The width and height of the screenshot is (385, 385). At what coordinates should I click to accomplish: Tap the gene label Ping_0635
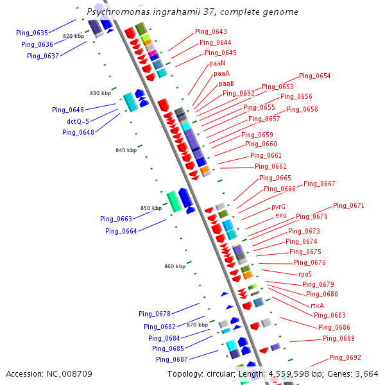[32, 33]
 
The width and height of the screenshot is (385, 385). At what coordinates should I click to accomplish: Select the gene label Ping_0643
[211, 32]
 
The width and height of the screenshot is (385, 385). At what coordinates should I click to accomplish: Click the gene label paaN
[217, 63]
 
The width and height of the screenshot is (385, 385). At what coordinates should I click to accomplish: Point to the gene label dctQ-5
[78, 121]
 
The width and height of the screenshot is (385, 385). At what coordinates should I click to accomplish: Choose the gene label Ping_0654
[314, 76]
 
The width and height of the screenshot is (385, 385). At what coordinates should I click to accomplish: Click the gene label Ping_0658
[302, 109]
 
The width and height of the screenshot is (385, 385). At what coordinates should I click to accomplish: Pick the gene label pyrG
[278, 207]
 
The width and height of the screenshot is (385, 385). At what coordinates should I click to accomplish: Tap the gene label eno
[281, 215]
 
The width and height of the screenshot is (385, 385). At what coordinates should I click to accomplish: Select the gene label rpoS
[305, 274]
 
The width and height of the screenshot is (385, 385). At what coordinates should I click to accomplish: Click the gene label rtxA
[317, 305]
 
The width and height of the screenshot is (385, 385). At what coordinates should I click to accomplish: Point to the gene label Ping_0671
[348, 206]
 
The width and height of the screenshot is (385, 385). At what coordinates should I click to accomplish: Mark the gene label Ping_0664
[121, 231]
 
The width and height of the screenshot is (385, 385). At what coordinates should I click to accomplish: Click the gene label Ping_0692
[345, 358]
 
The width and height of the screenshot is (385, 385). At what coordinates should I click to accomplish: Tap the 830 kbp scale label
[100, 93]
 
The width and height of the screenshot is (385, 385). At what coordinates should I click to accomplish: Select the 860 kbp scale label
[175, 266]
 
